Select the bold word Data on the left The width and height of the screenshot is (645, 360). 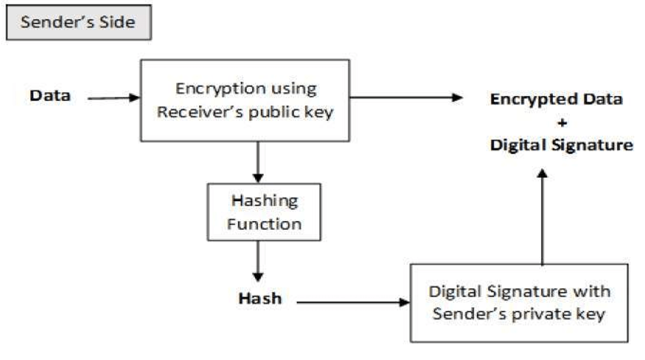tap(50, 96)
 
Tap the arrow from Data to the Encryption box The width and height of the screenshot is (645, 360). tap(113, 98)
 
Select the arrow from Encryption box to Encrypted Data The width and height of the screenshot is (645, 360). tap(405, 98)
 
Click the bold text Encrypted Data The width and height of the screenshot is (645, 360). tap(556, 99)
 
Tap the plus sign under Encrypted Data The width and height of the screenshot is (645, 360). tap(562, 123)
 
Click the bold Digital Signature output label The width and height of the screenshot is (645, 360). tap(561, 145)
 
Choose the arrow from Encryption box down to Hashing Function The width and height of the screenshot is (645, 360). tap(257, 162)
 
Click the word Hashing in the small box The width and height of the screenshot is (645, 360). tap(264, 201)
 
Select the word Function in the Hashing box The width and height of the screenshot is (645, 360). tap(264, 223)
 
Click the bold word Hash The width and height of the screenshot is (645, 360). tap(260, 297)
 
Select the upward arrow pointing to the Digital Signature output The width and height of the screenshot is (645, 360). tap(543, 216)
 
